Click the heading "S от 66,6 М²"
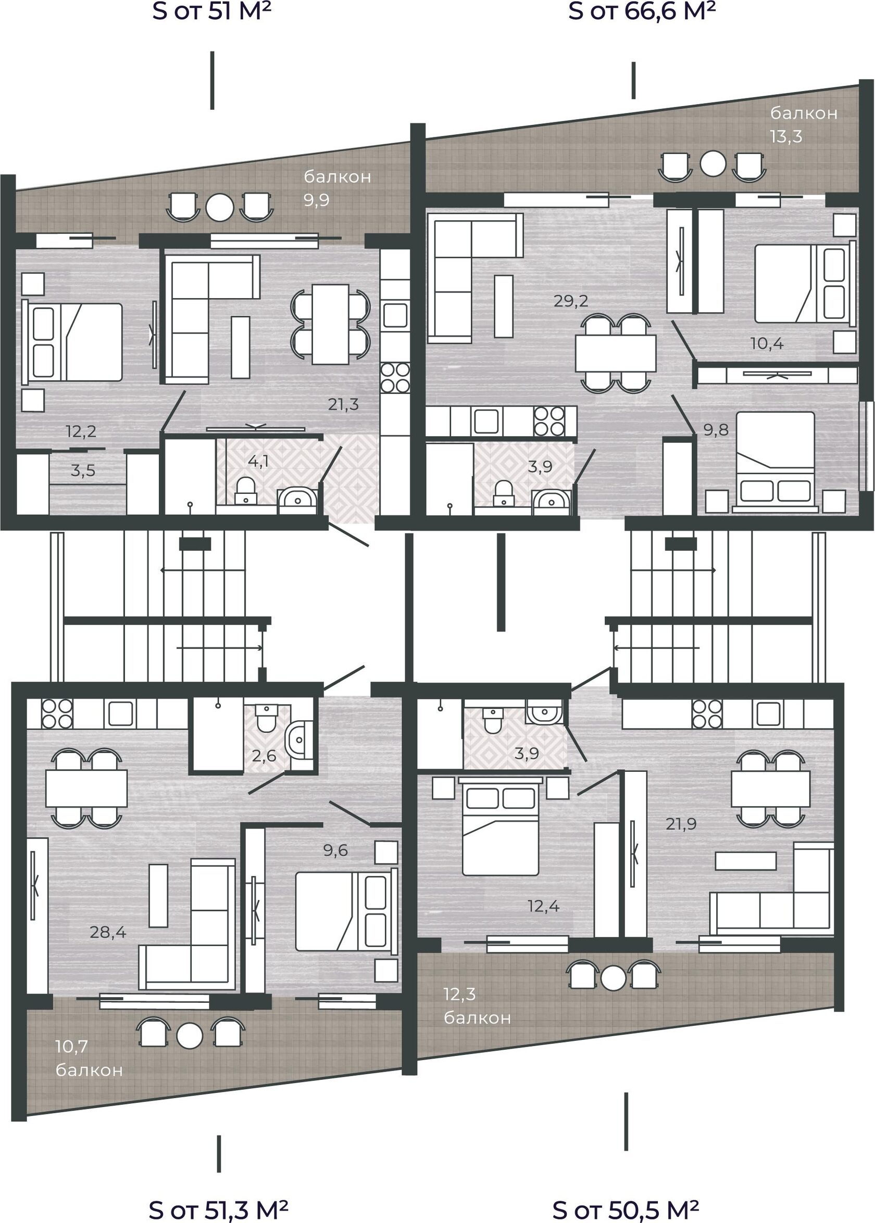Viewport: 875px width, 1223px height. point(642,11)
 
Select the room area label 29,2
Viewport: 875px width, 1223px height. point(571,301)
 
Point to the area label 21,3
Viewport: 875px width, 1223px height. point(343,404)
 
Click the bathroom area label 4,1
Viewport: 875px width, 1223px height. point(259,461)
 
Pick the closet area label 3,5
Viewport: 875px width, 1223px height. point(83,470)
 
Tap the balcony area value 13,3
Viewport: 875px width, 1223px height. point(786,137)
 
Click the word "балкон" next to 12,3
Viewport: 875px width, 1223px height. point(478,1018)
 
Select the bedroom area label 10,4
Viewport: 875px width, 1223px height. point(767,343)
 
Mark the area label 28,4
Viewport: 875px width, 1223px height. point(108,932)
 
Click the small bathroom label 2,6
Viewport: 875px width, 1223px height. point(264,756)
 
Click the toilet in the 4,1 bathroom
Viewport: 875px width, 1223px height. point(246,490)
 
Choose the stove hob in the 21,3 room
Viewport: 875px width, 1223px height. point(395,377)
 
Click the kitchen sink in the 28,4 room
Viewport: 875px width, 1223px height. point(121,714)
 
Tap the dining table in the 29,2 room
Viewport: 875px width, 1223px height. point(616,353)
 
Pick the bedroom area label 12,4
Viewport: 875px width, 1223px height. point(544,906)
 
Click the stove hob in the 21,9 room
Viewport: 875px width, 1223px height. point(707,714)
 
